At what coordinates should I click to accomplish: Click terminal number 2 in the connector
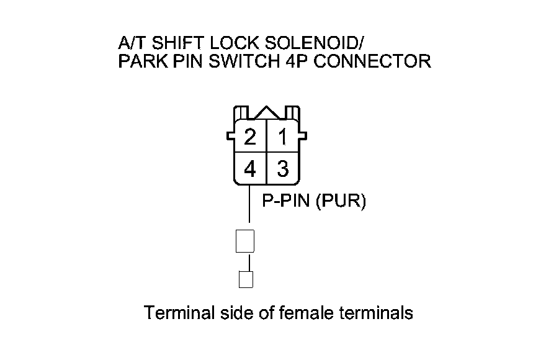click(249, 137)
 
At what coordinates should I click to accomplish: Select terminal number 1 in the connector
click(283, 137)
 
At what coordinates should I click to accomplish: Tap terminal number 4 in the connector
click(249, 168)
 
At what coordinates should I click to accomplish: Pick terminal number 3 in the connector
click(283, 168)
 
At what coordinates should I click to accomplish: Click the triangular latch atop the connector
click(267, 112)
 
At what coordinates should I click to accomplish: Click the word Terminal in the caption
click(179, 312)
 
